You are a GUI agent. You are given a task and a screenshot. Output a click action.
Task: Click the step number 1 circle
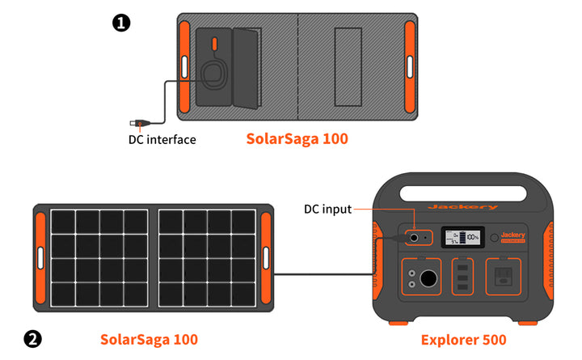(120, 23)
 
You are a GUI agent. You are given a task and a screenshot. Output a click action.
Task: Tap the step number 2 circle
(32, 339)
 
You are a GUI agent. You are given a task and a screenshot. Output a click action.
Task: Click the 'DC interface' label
(162, 139)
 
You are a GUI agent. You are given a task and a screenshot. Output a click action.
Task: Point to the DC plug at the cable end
(137, 124)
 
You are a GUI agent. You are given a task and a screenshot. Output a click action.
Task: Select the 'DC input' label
(327, 210)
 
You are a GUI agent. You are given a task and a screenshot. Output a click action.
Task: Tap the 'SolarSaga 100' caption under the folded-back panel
(297, 139)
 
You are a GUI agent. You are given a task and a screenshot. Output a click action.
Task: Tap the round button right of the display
(495, 239)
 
